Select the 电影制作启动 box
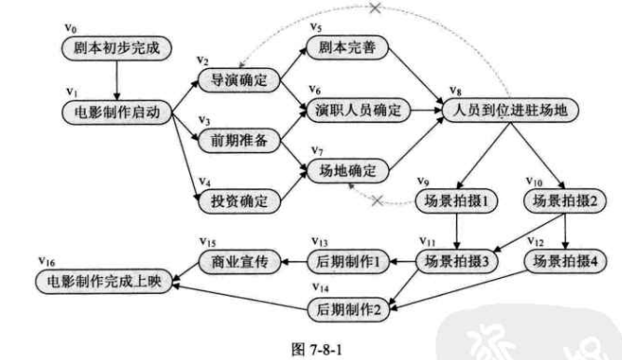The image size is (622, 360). pos(117,113)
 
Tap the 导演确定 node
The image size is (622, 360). pos(238,80)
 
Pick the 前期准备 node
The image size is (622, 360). pos(238,140)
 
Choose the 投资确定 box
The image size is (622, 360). pos(238,200)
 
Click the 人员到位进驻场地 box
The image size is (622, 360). pos(511,110)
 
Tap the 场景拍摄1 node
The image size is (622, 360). pos(456,200)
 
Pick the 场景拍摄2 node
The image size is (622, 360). pos(563,200)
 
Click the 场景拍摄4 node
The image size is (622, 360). pos(563,262)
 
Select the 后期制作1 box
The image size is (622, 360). pos(347,262)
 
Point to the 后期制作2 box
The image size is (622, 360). pos(347,307)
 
